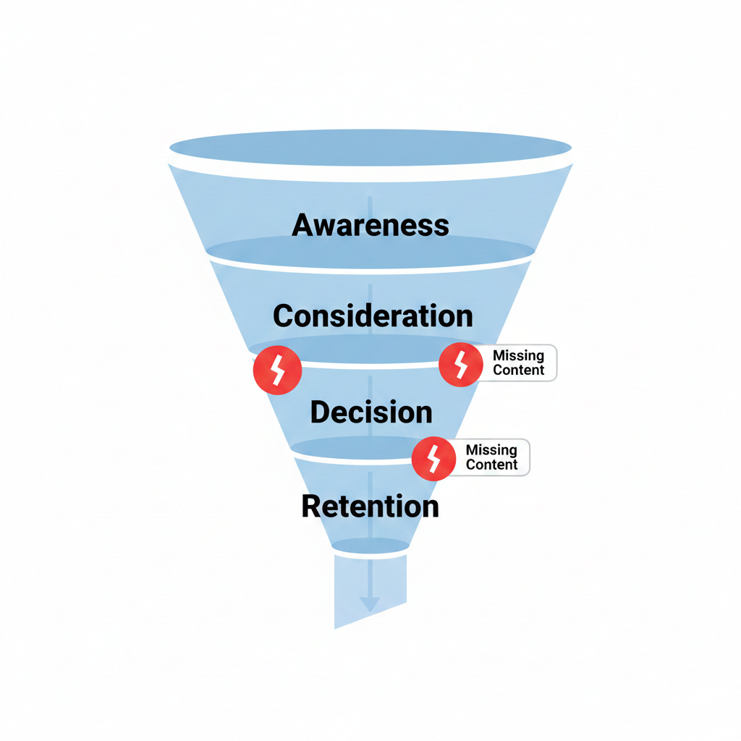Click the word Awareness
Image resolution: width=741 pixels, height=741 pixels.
click(x=370, y=225)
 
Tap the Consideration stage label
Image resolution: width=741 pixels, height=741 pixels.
click(x=373, y=316)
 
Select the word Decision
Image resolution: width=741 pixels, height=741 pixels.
click(x=371, y=412)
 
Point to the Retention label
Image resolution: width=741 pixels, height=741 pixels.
click(x=370, y=506)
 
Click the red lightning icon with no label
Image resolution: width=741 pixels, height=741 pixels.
click(x=276, y=370)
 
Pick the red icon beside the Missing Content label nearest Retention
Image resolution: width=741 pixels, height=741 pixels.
click(x=434, y=458)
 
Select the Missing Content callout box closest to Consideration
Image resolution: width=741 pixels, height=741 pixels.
click(x=517, y=363)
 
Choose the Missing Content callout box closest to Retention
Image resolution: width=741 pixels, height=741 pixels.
click(x=491, y=457)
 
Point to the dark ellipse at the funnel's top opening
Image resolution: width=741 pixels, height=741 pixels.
click(x=370, y=146)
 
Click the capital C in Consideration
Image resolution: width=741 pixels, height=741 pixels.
click(x=284, y=316)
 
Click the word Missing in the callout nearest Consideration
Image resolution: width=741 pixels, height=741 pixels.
click(x=518, y=356)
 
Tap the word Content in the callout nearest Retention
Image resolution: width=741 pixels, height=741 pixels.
click(x=491, y=465)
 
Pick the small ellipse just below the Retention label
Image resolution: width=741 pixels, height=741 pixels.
click(x=370, y=546)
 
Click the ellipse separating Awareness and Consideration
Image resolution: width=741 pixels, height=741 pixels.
click(x=370, y=252)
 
